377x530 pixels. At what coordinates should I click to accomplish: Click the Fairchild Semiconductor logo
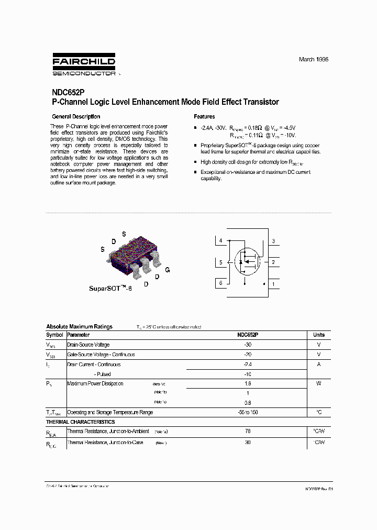click(x=84, y=64)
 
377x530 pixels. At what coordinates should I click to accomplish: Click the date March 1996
click(x=313, y=60)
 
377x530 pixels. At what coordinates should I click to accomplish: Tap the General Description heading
click(x=76, y=117)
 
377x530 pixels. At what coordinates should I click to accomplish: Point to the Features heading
click(x=204, y=117)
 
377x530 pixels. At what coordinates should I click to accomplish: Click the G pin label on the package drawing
click(x=167, y=270)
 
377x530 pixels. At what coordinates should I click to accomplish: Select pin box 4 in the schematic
click(x=221, y=241)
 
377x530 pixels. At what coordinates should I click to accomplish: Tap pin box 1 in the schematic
click(x=273, y=284)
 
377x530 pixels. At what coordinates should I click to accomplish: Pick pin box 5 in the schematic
click(x=221, y=262)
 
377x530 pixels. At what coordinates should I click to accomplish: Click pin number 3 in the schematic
click(x=273, y=241)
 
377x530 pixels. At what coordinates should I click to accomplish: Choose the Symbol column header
click(x=54, y=335)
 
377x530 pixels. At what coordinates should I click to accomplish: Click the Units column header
click(x=319, y=335)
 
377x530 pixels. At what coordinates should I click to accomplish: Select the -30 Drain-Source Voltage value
click(x=248, y=345)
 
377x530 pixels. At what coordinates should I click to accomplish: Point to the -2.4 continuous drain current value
click(x=248, y=365)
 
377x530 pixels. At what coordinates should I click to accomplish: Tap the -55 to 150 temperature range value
click(x=248, y=413)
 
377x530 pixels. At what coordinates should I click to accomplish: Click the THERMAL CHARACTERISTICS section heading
click(x=80, y=422)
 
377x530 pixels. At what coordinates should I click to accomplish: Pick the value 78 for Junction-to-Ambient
click(x=248, y=432)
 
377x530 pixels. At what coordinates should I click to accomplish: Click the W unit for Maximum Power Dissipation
click(x=319, y=384)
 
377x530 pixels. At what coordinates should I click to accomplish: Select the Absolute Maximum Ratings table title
click(x=79, y=327)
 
